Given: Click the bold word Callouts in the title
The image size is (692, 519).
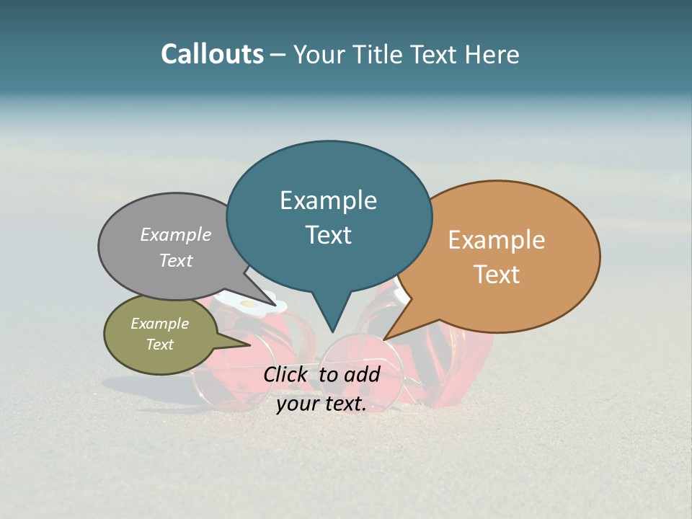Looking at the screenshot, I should (212, 54).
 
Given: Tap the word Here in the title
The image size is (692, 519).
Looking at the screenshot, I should (493, 54).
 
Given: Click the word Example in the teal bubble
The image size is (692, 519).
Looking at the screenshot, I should (329, 200).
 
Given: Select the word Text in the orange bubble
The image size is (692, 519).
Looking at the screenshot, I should (497, 275).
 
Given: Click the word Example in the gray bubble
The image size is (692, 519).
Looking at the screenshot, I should (176, 235).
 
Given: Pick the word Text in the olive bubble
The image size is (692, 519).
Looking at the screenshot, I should (160, 345).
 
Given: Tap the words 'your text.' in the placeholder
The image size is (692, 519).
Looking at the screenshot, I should (321, 404).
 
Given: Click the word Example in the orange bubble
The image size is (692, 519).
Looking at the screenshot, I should (497, 240).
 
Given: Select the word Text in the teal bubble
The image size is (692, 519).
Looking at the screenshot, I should (329, 235).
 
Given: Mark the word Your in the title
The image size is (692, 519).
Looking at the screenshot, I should (320, 54).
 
